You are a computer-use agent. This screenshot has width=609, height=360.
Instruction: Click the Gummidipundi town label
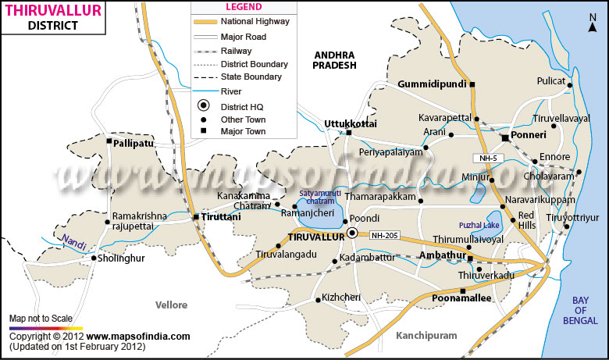pyautogui.click(x=432, y=84)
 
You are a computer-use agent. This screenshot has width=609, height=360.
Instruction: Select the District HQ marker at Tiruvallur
pyautogui.click(x=352, y=233)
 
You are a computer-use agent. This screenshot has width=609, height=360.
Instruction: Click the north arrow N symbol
pyautogui.click(x=593, y=27)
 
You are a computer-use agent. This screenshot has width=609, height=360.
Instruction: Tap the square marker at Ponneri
pyautogui.click(x=504, y=137)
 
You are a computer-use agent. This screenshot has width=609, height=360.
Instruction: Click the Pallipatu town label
pyautogui.click(x=133, y=144)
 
